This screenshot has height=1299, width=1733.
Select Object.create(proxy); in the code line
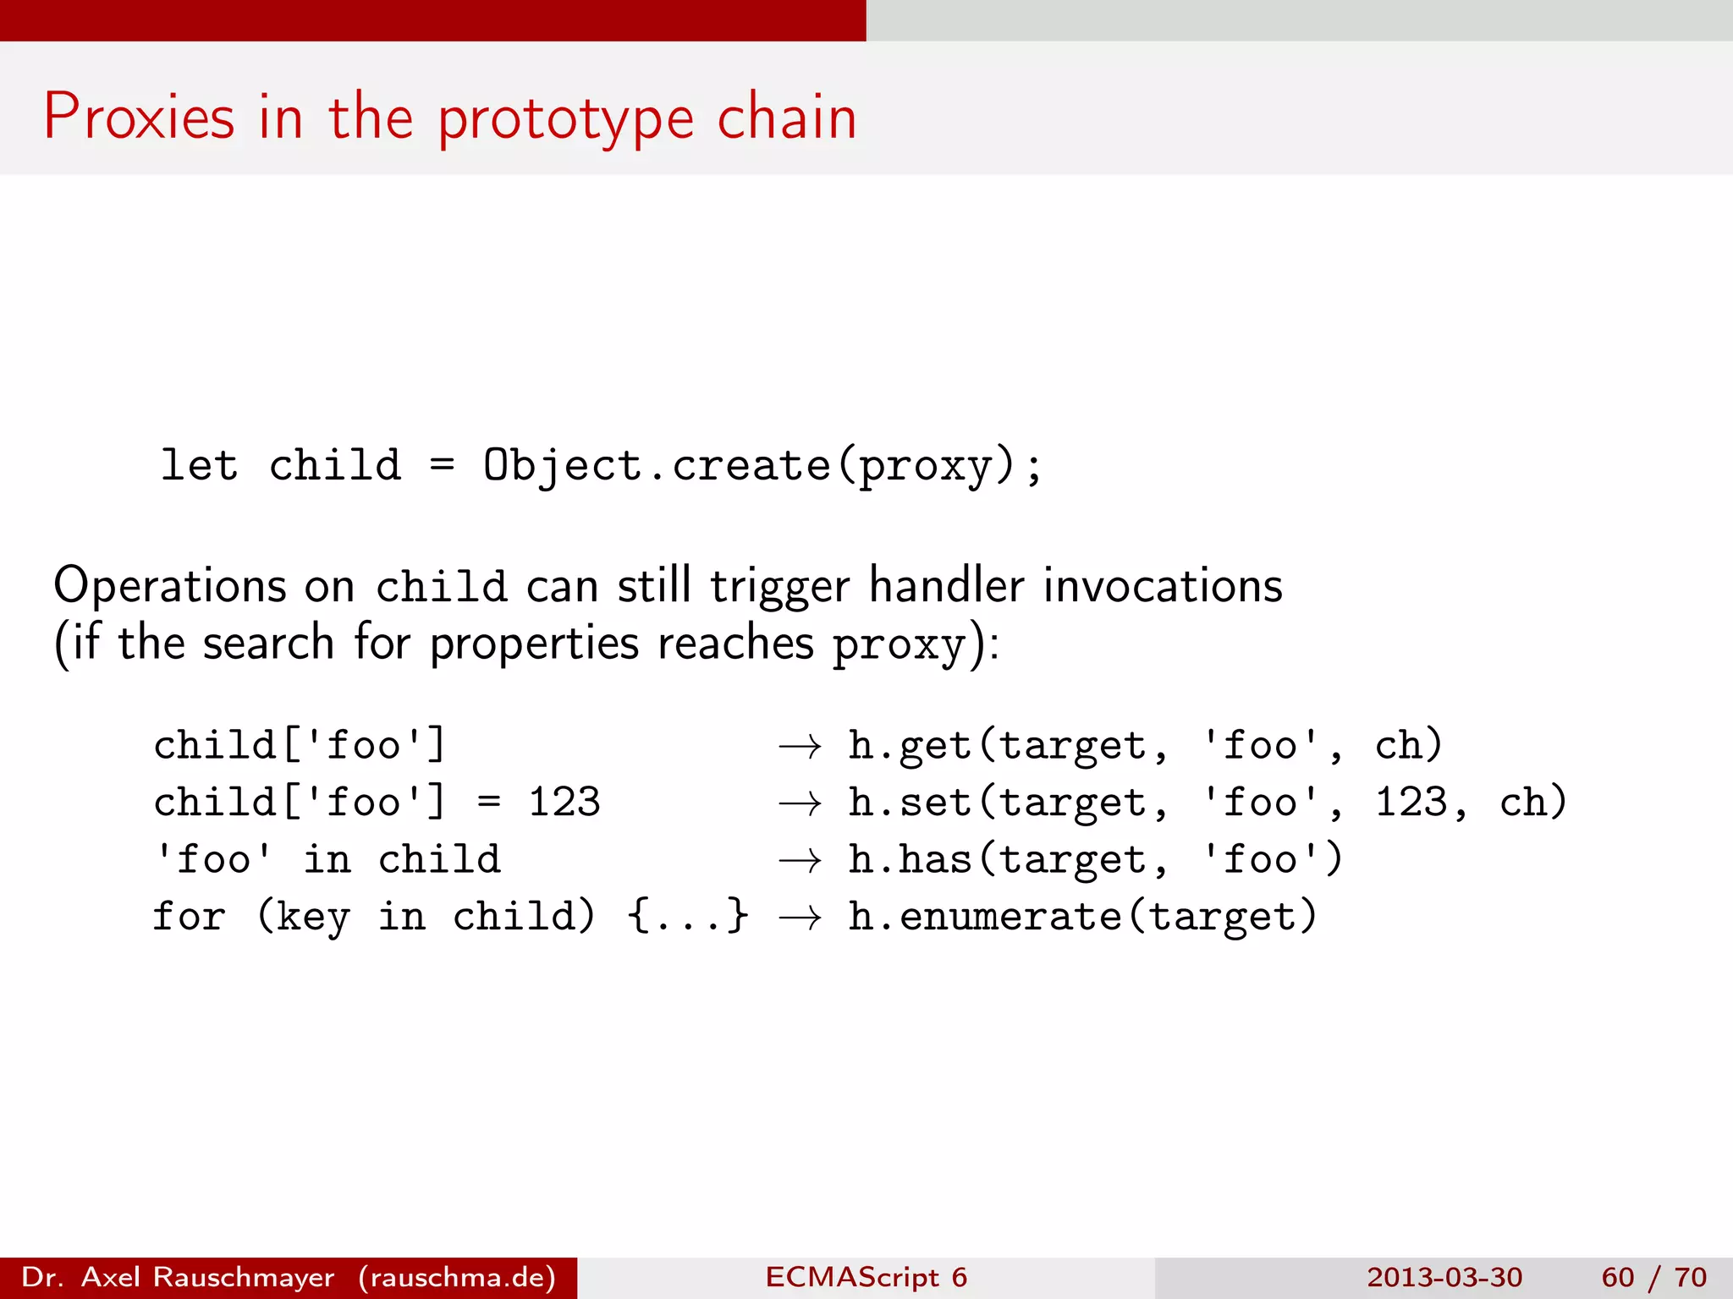[x=762, y=466]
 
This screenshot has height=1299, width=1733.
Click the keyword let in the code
[x=199, y=465]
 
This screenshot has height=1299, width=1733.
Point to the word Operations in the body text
[x=170, y=585]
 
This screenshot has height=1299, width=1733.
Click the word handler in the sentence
[x=947, y=585]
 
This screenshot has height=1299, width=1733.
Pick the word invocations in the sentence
[x=1163, y=585]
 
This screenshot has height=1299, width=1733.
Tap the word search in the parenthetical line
[x=268, y=643]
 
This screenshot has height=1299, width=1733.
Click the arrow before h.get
[x=800, y=746]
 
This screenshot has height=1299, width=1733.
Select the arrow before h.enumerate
[x=800, y=918]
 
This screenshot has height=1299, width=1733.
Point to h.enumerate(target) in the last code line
[x=1082, y=918]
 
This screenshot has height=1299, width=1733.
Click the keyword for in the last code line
[x=189, y=917]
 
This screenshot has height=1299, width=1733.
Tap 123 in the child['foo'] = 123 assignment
[x=564, y=802]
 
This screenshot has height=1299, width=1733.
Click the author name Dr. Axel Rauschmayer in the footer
[x=178, y=1277]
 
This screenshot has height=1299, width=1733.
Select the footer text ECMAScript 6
[x=866, y=1277]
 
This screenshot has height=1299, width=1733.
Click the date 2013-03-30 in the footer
[x=1444, y=1277]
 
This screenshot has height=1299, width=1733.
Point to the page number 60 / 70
[x=1653, y=1277]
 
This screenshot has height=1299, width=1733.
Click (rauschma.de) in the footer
[x=457, y=1277]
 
